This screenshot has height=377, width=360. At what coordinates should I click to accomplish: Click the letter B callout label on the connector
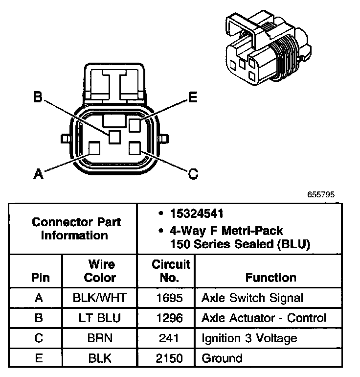click(x=38, y=97)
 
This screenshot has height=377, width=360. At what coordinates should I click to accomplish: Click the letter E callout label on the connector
click(x=192, y=98)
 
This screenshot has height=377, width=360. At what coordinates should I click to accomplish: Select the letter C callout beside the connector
click(x=193, y=173)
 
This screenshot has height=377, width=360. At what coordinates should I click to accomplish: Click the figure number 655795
click(x=321, y=194)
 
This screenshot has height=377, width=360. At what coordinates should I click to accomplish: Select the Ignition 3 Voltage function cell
click(x=249, y=338)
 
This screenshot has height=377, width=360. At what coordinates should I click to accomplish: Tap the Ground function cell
click(x=222, y=358)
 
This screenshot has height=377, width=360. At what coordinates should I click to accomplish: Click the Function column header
click(x=270, y=278)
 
